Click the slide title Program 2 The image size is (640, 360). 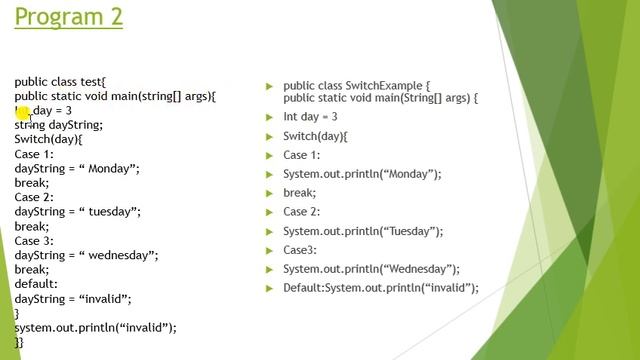(x=69, y=17)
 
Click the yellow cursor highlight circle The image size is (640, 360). (x=23, y=112)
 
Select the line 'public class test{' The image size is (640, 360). (x=60, y=82)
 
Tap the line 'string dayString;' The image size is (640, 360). (x=58, y=125)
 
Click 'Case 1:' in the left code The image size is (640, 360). (x=41, y=154)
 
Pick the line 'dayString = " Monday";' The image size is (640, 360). (x=77, y=169)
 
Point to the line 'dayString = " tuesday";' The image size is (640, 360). (x=77, y=212)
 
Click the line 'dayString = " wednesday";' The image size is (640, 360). (x=86, y=255)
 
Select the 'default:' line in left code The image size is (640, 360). (x=36, y=284)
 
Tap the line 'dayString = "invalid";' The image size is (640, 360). (x=73, y=298)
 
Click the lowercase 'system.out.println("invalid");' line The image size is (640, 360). (x=95, y=327)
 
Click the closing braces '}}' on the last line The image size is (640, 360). (x=19, y=342)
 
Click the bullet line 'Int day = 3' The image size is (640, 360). (x=310, y=117)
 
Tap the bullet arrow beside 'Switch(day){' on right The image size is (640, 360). (x=269, y=136)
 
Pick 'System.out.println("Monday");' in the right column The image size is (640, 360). (x=362, y=174)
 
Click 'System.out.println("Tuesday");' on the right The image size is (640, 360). (x=363, y=231)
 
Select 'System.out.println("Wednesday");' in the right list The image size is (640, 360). (x=371, y=269)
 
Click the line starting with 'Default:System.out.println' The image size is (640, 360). (x=381, y=288)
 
